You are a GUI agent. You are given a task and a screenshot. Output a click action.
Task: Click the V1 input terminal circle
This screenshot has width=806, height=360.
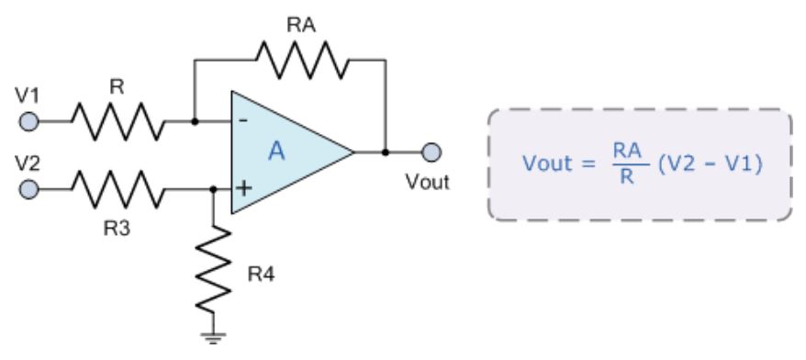click(30, 120)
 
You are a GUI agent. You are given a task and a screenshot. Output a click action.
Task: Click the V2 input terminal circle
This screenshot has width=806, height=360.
click(30, 190)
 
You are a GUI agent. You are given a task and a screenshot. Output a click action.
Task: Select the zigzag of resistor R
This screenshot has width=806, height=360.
click(118, 120)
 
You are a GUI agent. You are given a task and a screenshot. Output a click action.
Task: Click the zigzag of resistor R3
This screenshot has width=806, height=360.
click(118, 190)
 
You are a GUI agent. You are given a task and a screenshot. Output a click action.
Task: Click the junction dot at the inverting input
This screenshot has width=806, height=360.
click(194, 120)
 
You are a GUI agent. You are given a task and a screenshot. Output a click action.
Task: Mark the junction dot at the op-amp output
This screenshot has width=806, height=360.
click(385, 152)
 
